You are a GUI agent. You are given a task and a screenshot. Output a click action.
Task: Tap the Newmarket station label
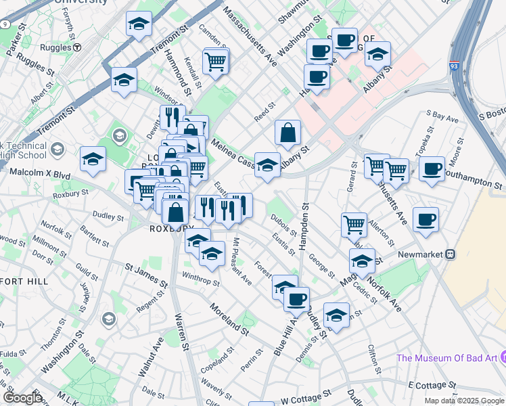coord(428,254)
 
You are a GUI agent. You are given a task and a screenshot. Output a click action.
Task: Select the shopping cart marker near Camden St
coord(216,62)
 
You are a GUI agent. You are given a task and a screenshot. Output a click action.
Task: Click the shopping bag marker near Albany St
coord(287,132)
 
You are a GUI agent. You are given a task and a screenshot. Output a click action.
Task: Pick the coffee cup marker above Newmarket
coord(425,219)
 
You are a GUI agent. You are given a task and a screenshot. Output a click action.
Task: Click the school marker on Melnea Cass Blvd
coord(268,165)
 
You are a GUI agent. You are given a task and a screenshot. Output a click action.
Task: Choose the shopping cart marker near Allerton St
coord(354,224)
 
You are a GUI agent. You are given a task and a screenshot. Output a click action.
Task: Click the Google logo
coord(22,398)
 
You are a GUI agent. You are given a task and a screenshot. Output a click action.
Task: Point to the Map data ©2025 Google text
coord(464,401)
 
